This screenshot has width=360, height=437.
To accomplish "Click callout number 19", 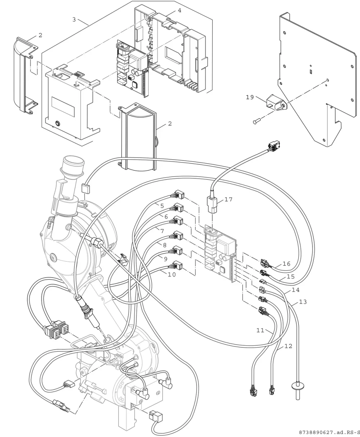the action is pyautogui.click(x=250, y=97).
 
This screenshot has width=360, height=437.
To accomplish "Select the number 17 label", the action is pyautogui.click(x=229, y=199).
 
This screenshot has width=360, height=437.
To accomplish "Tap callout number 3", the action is pyautogui.click(x=74, y=19).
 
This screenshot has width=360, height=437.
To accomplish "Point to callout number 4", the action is pyautogui.click(x=180, y=10).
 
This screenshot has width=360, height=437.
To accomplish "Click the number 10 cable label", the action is pyautogui.click(x=171, y=274).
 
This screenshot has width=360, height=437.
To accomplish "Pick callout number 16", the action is pyautogui.click(x=287, y=264).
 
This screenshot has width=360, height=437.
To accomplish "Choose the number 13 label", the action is pyautogui.click(x=303, y=302).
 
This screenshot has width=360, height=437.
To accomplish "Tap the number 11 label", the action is pyautogui.click(x=260, y=330).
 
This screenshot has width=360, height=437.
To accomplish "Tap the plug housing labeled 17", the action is pyautogui.click(x=212, y=205).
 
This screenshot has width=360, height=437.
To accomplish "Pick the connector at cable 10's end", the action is pyautogui.click(x=177, y=266).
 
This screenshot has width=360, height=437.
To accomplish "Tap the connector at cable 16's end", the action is pyautogui.click(x=264, y=263).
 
